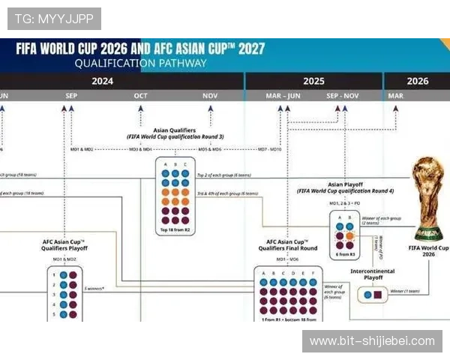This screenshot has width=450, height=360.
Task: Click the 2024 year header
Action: tap(103, 81)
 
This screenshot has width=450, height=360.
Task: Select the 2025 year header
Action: tap(313, 81)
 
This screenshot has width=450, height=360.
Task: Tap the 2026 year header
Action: tap(417, 81)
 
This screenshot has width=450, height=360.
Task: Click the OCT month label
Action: tap(140, 96)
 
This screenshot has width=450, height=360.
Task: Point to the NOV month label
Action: tap(210, 96)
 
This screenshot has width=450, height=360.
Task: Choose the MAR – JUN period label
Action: tap(283, 96)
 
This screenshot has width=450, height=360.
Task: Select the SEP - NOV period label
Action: tap(343, 96)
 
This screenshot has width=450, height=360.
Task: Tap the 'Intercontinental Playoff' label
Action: tap(372, 274)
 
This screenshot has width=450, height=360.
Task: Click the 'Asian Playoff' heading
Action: tap(345, 184)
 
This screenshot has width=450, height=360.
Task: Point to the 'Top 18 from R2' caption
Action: tap(175, 229)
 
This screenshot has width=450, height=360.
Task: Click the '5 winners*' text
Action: tap(94, 288)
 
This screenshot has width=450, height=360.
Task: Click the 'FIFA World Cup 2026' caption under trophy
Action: tap(428, 250)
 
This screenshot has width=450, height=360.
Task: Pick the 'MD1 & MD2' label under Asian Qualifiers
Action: tap(82, 149)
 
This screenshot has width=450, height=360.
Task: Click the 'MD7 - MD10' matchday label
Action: tap(270, 149)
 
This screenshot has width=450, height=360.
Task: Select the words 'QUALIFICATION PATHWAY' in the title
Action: tap(140, 64)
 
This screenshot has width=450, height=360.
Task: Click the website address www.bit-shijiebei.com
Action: tap(372, 341)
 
